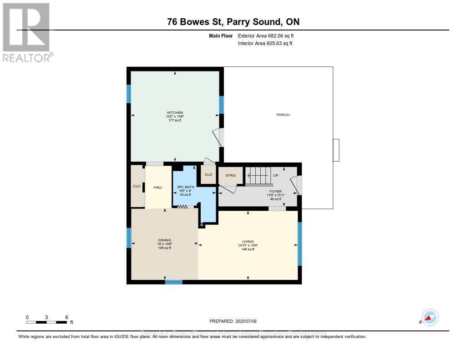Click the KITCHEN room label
point(175,112)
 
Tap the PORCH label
point(283,115)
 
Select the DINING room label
point(165,240)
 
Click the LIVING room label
point(248,242)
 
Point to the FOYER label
point(276,192)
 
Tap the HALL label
point(157,187)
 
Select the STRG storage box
point(230,175)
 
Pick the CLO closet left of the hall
point(137,186)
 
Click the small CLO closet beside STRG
point(208,175)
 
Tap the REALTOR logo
point(27,32)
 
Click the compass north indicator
point(430,317)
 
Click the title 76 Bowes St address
point(233,21)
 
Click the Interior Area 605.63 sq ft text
point(265,44)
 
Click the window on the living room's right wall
point(299,243)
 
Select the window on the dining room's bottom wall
point(173,282)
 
